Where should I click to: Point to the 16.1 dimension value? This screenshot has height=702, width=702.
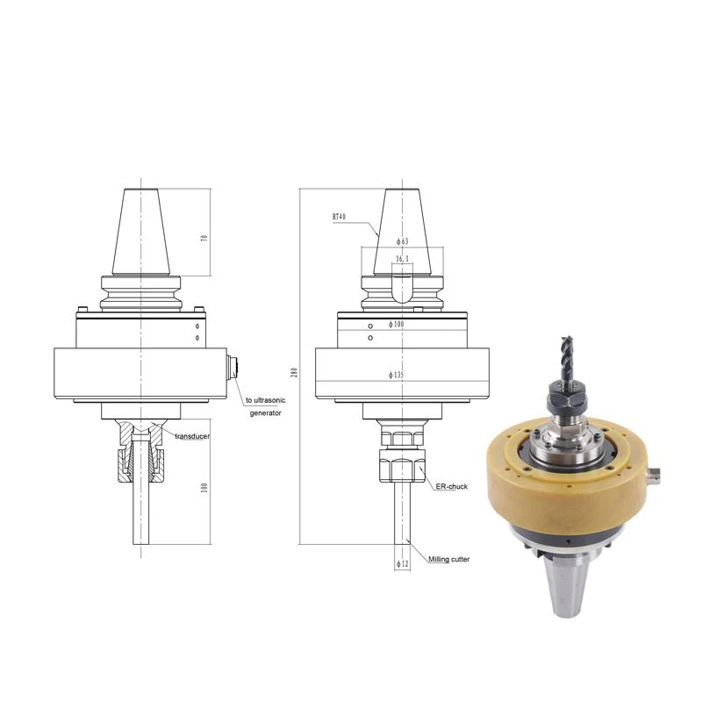pyautogui.click(x=402, y=260)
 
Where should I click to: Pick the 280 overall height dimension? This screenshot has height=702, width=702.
pyautogui.click(x=295, y=373)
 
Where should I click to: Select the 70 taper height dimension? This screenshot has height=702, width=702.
pyautogui.click(x=204, y=238)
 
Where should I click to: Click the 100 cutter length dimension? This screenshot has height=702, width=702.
pyautogui.click(x=204, y=487)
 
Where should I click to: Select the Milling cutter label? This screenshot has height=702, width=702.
pyautogui.click(x=448, y=559)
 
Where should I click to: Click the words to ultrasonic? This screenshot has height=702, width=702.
pyautogui.click(x=273, y=399)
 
